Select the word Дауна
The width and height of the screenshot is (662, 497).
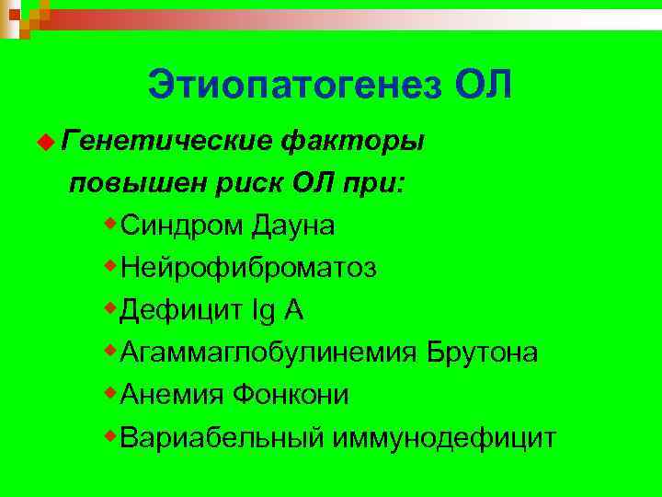[x=294, y=225]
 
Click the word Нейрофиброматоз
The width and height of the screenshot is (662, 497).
[x=248, y=268]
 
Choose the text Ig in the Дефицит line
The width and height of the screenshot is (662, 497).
[x=263, y=311]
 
